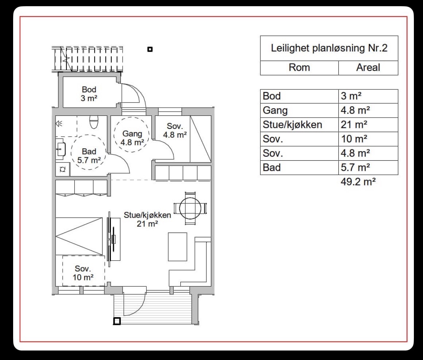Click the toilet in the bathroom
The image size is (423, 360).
pos(93,122)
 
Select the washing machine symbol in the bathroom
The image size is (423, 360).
pos(62,169)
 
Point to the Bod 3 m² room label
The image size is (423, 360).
pos(89,93)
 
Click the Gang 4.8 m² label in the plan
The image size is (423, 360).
pos(132,138)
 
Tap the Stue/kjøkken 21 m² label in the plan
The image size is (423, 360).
pos(147,219)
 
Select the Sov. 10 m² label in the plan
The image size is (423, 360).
pos(83,273)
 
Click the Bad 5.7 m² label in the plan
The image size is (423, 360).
pos(89,156)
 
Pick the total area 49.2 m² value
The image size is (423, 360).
pos(358,181)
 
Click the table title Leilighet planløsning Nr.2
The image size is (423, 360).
pos(329,48)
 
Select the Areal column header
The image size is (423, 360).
pos(368,68)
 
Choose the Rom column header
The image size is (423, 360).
pos(299,68)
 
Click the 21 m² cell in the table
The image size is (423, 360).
pos(354,125)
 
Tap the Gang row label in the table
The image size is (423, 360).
pos(275,110)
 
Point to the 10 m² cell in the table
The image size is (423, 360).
pos(354,139)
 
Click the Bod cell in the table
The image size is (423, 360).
pos(272,96)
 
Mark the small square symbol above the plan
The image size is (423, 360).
pos(150,49)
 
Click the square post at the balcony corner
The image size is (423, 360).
pos(117,321)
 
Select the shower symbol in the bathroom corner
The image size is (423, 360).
pos(59,124)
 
